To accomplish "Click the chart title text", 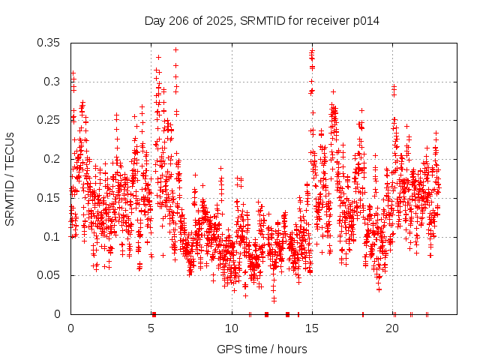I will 262,21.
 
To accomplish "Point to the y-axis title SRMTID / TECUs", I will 10,179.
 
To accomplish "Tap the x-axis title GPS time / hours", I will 262,349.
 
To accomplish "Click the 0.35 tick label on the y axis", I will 49,42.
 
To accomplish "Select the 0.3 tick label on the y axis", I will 52,81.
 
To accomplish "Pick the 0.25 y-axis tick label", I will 49,120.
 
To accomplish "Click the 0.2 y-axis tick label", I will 52,159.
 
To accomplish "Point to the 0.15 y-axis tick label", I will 49,198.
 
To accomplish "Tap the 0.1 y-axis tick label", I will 52,237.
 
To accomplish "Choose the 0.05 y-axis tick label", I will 49,275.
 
